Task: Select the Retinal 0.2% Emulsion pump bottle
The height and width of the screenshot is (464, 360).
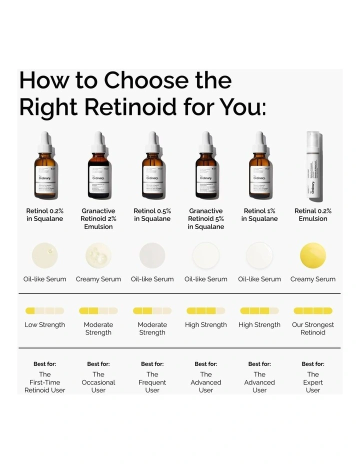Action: tap(313, 167)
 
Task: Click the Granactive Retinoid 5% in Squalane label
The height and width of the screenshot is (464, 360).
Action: tap(206, 219)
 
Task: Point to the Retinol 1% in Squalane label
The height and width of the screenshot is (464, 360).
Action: tap(259, 215)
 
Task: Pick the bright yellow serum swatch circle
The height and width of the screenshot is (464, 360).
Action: tap(313, 255)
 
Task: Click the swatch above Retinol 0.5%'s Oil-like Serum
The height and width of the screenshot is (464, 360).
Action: tap(152, 255)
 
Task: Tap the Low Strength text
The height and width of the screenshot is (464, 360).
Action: tap(45, 325)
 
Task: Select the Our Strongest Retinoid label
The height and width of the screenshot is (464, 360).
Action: tap(313, 328)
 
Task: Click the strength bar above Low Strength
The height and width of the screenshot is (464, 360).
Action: tap(45, 310)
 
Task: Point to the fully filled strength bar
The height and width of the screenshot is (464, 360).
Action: tap(313, 310)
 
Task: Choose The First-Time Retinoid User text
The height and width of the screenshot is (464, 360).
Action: tap(45, 382)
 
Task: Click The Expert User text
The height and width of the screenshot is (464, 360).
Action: tap(313, 382)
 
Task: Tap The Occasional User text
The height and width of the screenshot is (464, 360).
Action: tap(98, 382)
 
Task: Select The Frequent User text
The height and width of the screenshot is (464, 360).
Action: tap(152, 382)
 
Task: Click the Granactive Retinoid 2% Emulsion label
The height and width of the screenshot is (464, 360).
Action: tap(98, 219)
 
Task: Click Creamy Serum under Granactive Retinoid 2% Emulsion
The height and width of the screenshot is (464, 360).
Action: tap(98, 279)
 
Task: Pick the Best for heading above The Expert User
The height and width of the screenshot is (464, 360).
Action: tap(313, 364)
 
